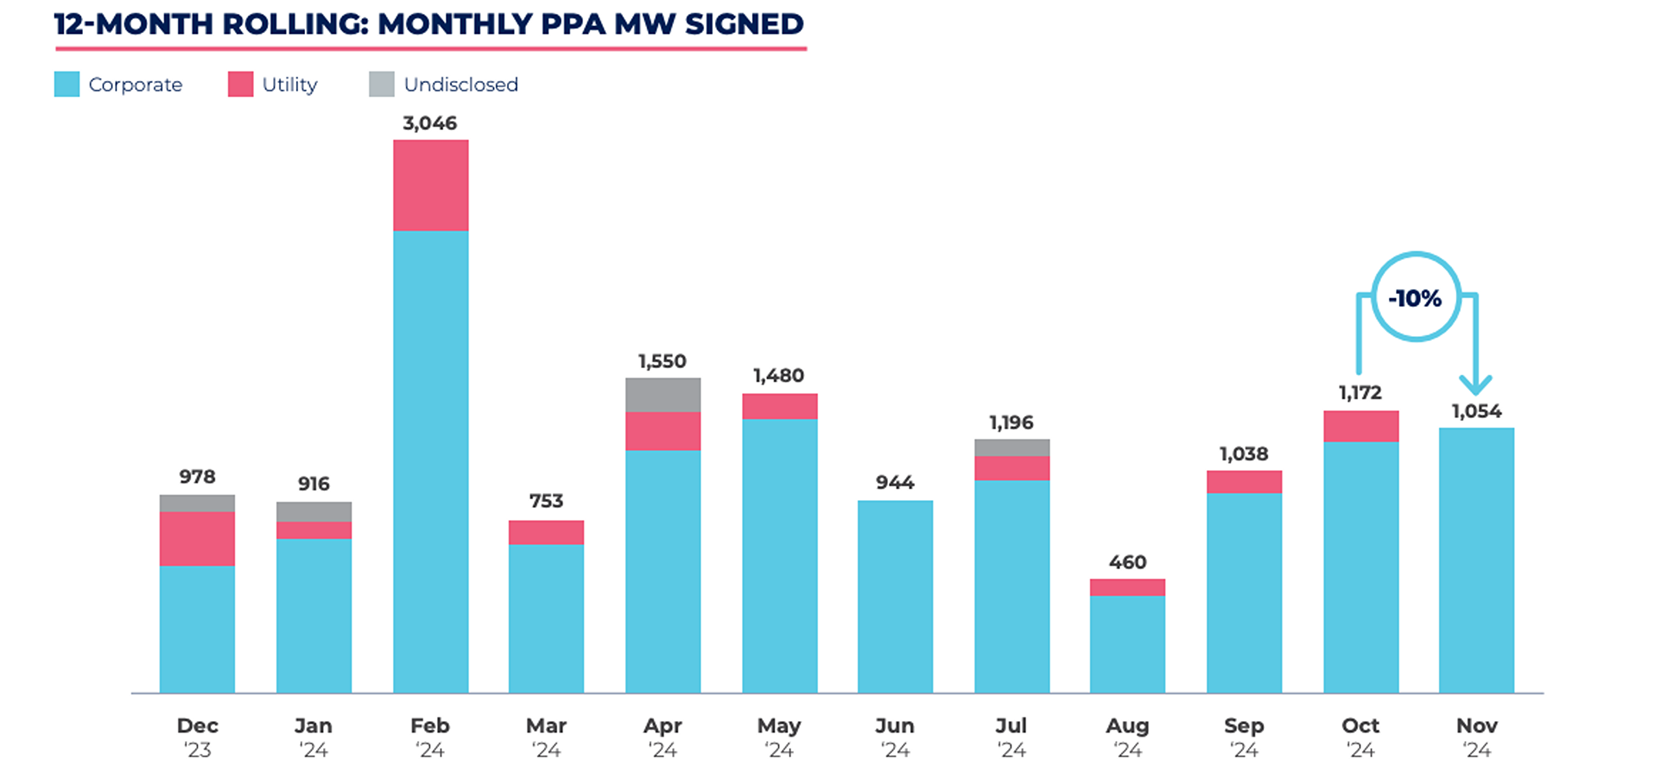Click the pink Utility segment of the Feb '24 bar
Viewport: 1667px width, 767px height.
(431, 185)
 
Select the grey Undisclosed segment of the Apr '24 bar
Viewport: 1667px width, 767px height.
(663, 395)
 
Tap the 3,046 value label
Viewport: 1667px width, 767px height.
(430, 123)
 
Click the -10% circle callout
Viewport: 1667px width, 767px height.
(1416, 297)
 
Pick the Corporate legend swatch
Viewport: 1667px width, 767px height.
(67, 84)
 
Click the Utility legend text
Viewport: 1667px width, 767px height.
(289, 84)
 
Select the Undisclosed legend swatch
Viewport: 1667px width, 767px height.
(381, 84)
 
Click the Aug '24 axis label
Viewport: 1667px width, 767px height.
(1128, 737)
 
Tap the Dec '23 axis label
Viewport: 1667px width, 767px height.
(198, 737)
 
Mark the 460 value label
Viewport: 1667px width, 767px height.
(1128, 562)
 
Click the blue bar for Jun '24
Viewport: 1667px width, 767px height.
(895, 596)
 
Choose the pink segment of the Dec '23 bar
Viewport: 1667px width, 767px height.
(198, 538)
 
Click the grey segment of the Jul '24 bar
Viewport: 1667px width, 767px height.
(1012, 448)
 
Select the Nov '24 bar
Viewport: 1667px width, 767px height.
(1476, 560)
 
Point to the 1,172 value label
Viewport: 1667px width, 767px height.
(1360, 393)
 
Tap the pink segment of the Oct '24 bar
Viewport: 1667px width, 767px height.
(1361, 426)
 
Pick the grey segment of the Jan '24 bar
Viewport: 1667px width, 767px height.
(314, 511)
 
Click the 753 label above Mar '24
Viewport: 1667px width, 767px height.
(546, 501)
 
